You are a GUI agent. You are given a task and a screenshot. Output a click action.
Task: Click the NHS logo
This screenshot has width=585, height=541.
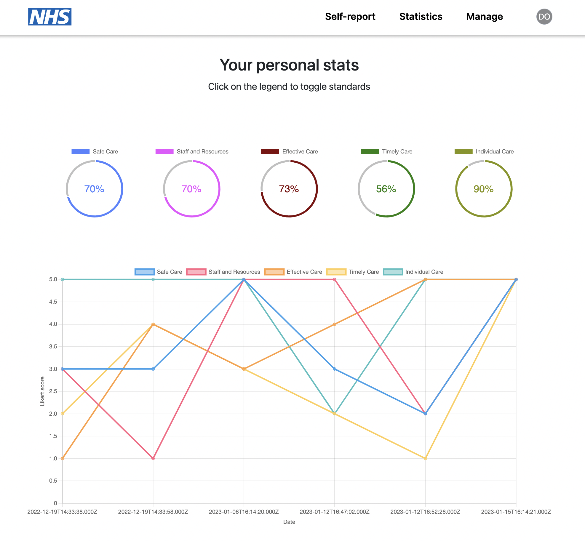(50, 17)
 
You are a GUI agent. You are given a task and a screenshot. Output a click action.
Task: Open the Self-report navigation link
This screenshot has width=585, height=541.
(350, 17)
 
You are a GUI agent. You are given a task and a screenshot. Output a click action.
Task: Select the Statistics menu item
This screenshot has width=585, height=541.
(421, 17)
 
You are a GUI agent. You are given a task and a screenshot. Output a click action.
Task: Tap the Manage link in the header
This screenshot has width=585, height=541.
(484, 17)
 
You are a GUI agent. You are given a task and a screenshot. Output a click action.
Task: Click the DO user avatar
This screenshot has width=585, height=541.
(544, 17)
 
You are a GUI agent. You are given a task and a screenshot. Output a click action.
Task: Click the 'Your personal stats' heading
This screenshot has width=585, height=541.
(289, 65)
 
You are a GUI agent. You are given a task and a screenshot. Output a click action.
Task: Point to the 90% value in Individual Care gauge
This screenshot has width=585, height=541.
(483, 189)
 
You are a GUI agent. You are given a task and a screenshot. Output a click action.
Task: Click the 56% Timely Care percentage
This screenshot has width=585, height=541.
(386, 189)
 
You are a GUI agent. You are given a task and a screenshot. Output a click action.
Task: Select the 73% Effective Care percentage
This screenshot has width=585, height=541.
(289, 189)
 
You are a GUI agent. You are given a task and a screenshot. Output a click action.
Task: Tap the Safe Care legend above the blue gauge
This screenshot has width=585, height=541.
(95, 151)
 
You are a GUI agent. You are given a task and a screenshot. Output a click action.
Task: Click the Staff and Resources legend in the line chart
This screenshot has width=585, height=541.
(223, 272)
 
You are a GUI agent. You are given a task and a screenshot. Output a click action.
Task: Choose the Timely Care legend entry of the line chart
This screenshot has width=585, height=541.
(353, 272)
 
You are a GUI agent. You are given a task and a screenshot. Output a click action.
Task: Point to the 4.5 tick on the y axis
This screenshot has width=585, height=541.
(53, 302)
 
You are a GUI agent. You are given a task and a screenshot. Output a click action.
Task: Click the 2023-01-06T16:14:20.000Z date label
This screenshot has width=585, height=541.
(244, 512)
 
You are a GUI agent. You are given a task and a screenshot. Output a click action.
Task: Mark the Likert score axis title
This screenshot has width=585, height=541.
(42, 391)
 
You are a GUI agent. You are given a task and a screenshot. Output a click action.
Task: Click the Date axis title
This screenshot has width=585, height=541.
(289, 522)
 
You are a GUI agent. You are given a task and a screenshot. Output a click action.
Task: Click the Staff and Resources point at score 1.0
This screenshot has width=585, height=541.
(153, 458)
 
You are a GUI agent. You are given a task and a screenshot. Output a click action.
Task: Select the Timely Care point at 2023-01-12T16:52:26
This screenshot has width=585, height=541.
(425, 458)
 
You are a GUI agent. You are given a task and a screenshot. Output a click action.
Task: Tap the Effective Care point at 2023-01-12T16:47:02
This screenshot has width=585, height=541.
(335, 324)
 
